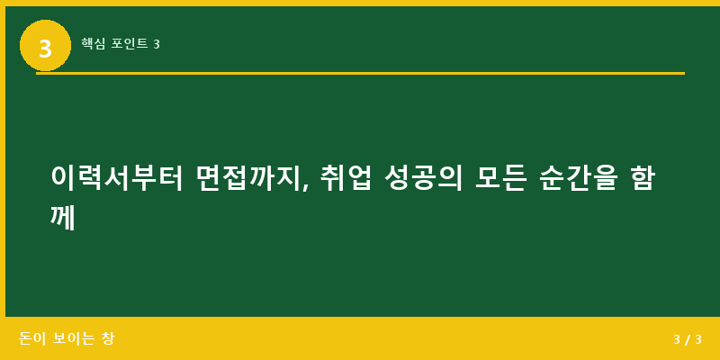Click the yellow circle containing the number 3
45,46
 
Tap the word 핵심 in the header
93,43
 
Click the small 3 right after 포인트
157,44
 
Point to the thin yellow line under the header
360,73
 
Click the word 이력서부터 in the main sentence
117,177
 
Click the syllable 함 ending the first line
643,177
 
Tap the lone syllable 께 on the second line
63,217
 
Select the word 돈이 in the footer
31,338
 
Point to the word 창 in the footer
108,338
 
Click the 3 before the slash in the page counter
677,339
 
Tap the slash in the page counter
688,339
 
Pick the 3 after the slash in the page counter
698,339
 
